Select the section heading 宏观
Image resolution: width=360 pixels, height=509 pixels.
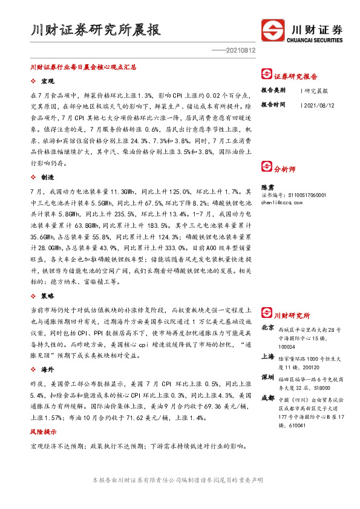47,81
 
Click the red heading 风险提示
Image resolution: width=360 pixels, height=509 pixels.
44,433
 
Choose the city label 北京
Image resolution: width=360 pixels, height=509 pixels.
267,327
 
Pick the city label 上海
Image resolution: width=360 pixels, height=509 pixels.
267,356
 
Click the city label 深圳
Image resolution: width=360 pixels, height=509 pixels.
267,378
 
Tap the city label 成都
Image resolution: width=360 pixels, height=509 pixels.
267,398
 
